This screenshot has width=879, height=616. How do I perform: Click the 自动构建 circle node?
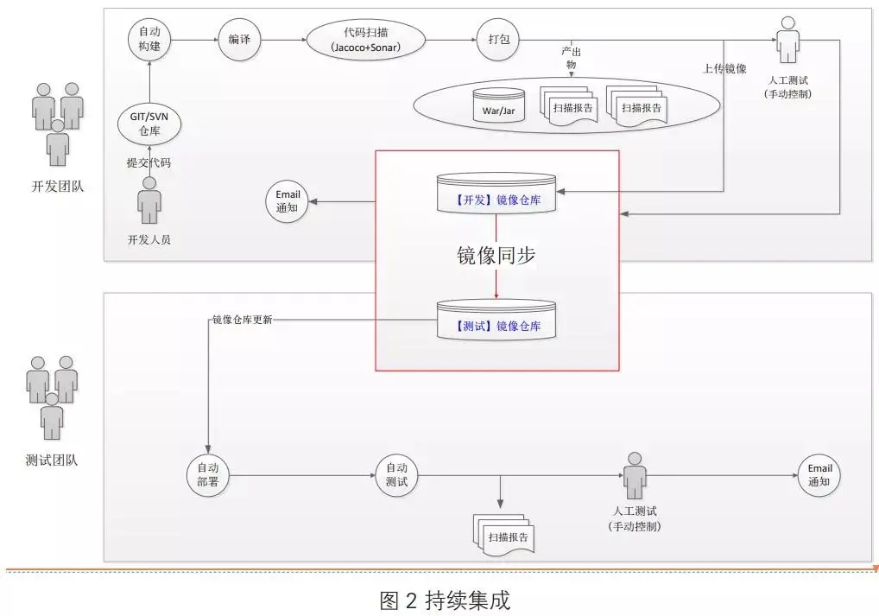point(149,39)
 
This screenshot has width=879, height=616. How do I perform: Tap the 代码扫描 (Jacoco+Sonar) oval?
point(365,39)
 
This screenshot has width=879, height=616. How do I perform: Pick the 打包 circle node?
point(496,39)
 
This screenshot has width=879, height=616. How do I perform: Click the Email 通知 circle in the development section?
point(288,202)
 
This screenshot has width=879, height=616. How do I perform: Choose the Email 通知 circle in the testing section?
point(819,474)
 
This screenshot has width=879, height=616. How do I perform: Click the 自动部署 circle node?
point(208,474)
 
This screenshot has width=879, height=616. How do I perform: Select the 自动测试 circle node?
point(396,474)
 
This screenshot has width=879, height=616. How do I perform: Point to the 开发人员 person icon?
point(149,201)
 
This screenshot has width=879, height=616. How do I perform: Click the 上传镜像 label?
point(724,69)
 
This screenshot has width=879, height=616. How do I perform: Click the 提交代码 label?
point(149,162)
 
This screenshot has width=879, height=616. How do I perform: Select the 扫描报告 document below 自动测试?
point(507,536)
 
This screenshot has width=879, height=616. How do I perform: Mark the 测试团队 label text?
point(53,460)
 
